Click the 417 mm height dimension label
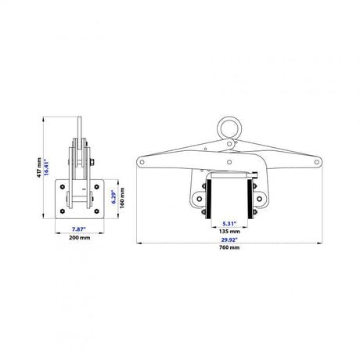tap(39, 167)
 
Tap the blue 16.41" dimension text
tap(46, 167)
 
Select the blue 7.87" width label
tap(79, 229)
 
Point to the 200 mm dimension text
tap(80, 238)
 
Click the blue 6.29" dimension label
tap(114, 197)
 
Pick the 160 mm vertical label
tap(122, 198)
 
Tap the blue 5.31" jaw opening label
tap(229, 224)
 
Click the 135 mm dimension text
tap(229, 232)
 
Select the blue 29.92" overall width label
tap(229, 239)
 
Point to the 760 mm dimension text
tap(229, 247)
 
